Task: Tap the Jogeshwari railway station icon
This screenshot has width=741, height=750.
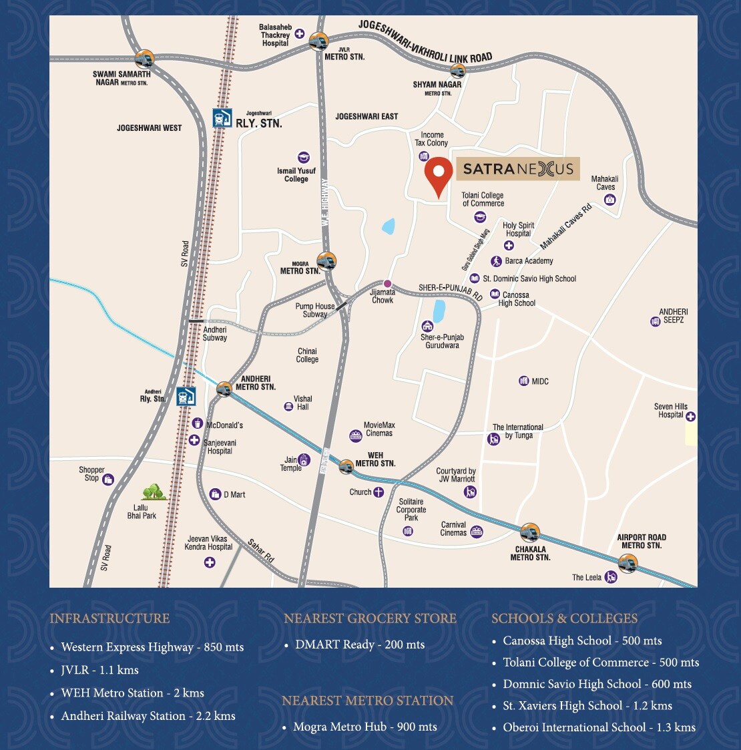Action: [x=222, y=118]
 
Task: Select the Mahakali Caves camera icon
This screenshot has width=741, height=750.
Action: [x=609, y=200]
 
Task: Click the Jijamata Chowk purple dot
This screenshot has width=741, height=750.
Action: [x=387, y=284]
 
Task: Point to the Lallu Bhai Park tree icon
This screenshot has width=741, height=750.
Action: [x=154, y=492]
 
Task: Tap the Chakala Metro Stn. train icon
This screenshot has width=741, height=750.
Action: [x=529, y=533]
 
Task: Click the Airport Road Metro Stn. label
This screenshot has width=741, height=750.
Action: [x=641, y=541]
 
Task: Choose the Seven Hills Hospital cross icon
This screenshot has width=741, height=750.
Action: [x=690, y=417]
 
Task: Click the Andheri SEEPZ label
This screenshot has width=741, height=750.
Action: [x=673, y=316]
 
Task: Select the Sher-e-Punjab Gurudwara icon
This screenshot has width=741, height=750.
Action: [x=427, y=326]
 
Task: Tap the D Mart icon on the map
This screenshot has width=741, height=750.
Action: [x=215, y=494]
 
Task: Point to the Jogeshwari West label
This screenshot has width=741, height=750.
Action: [x=149, y=128]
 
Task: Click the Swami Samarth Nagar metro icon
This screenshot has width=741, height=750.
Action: [x=144, y=58]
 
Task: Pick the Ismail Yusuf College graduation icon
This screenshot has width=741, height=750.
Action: [x=304, y=158]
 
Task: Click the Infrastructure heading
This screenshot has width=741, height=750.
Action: [x=109, y=618]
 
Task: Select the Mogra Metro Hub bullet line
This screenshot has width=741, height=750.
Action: [x=364, y=727]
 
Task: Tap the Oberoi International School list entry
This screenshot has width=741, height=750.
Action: [x=599, y=727]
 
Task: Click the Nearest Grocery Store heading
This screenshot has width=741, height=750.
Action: [x=370, y=618]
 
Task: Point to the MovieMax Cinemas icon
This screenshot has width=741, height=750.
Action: [x=356, y=436]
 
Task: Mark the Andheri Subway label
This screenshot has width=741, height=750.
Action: [x=215, y=334]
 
